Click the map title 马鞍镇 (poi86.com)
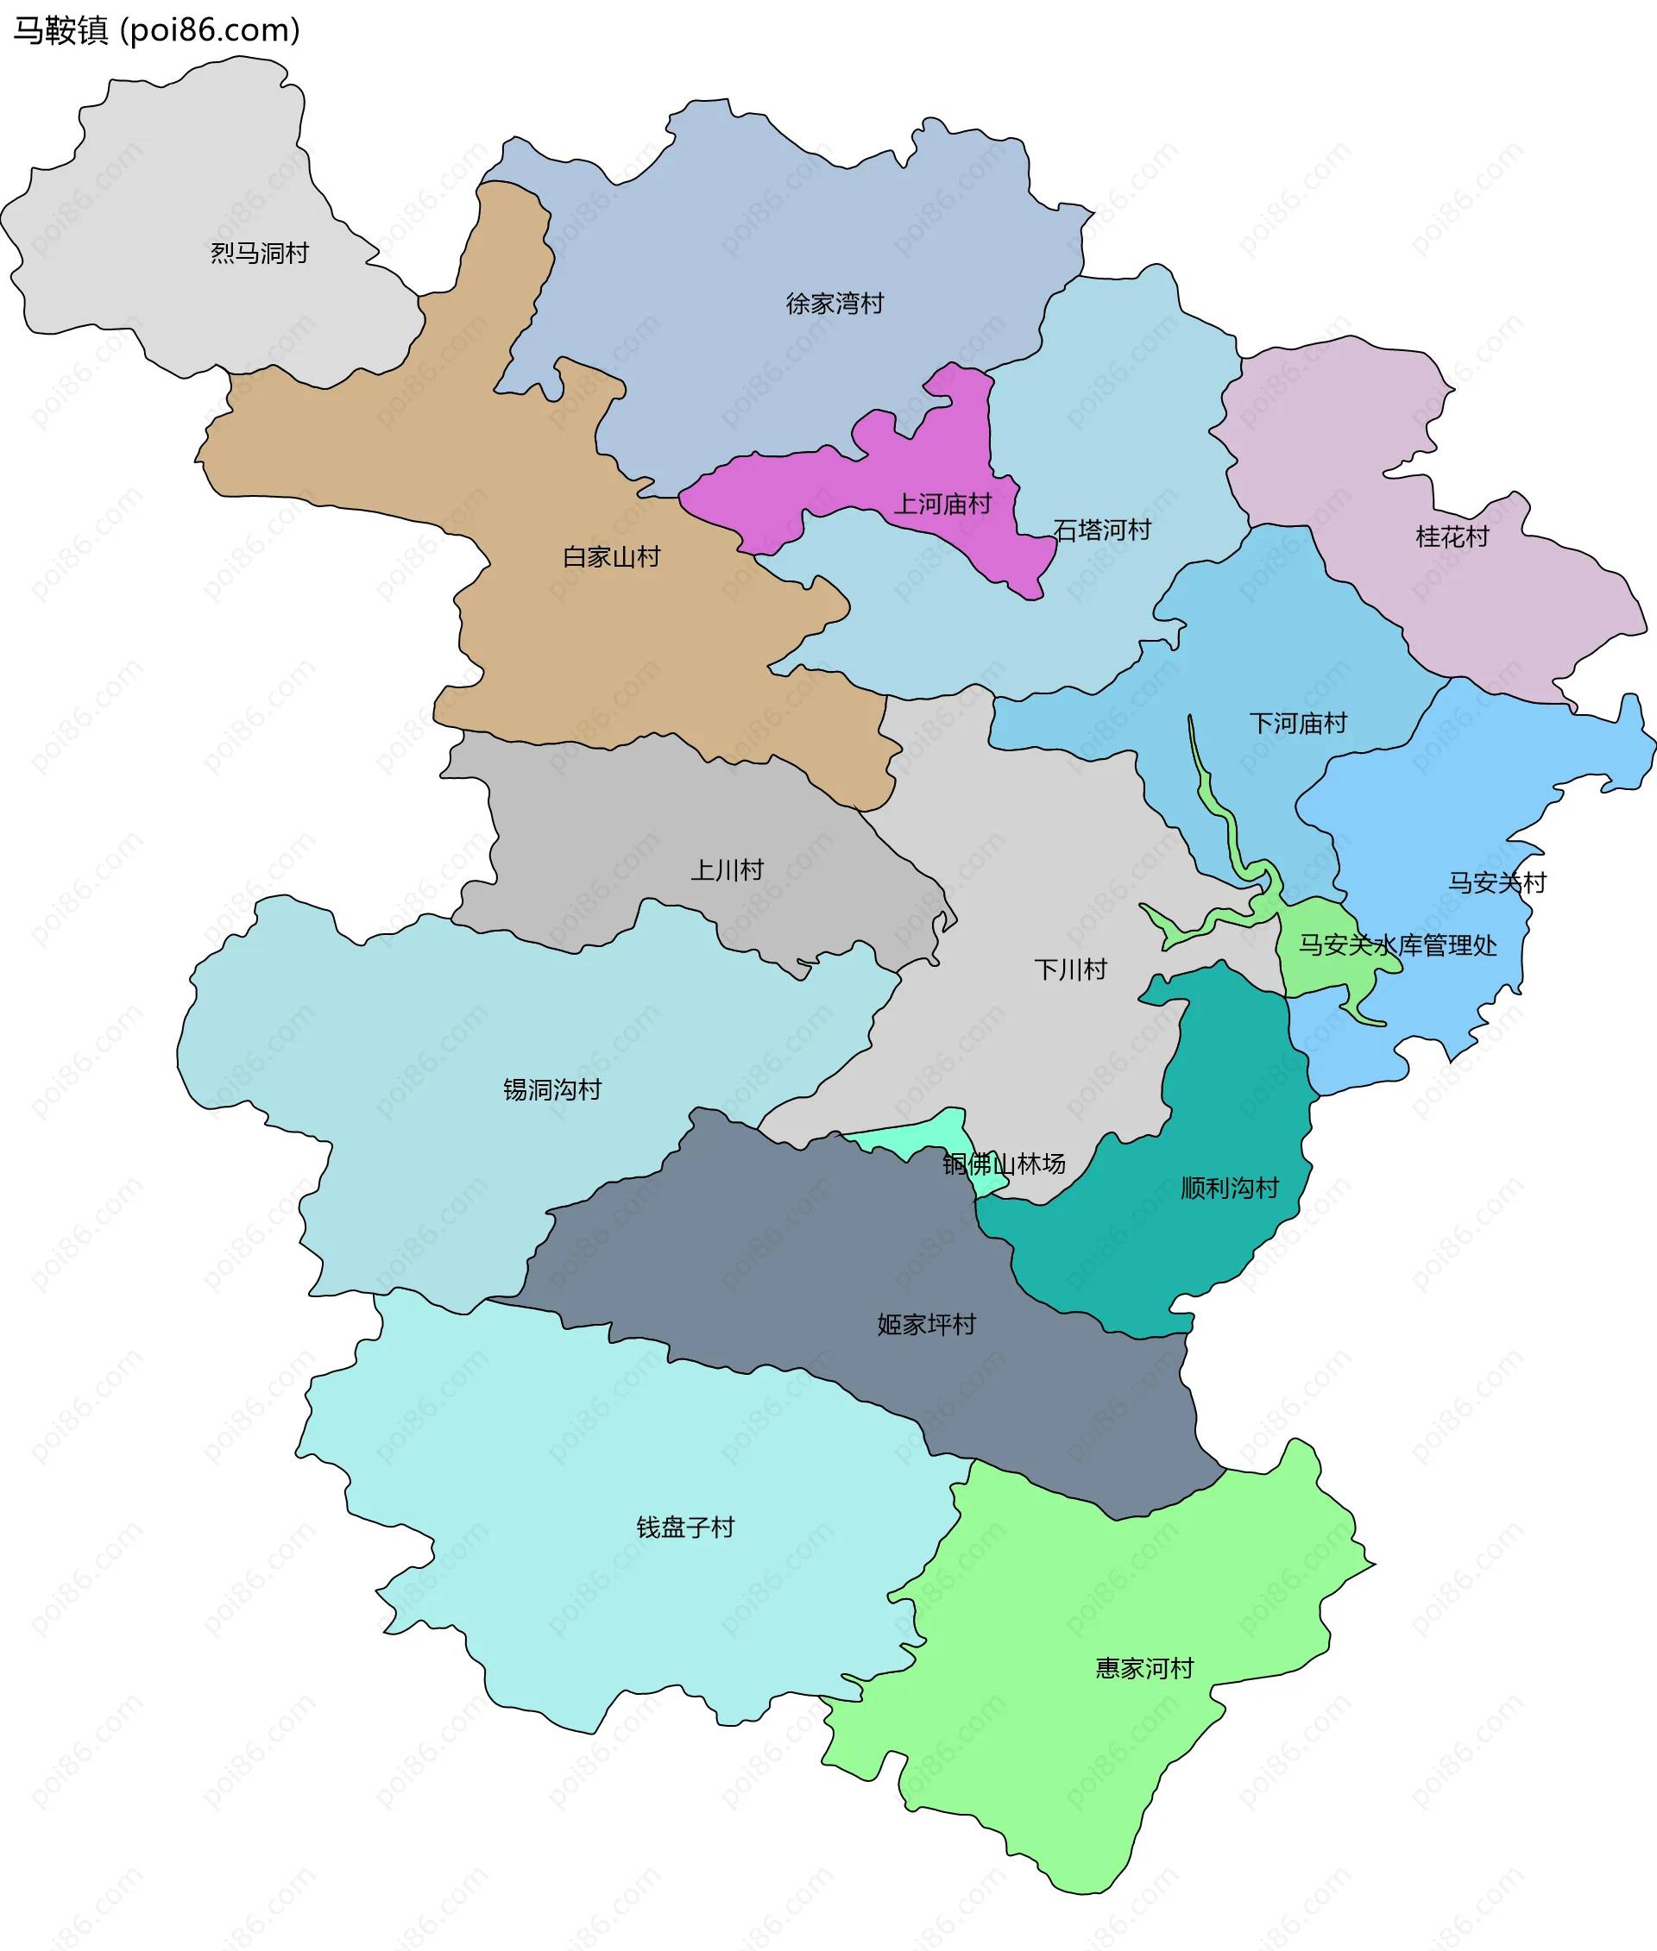tap(156, 30)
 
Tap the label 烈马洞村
tap(259, 254)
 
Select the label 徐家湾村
tap(835, 304)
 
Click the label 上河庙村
tap(942, 505)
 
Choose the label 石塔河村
tap(1102, 530)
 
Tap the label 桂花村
tap(1452, 537)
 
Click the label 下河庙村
tap(1297, 723)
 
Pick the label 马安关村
tap(1496, 882)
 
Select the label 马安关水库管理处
tap(1397, 945)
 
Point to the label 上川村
tap(727, 870)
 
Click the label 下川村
tap(1070, 969)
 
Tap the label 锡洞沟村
tap(551, 1089)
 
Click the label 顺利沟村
tap(1229, 1189)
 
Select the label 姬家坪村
tap(926, 1324)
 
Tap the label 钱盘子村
tap(684, 1528)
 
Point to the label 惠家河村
tap(1144, 1668)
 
